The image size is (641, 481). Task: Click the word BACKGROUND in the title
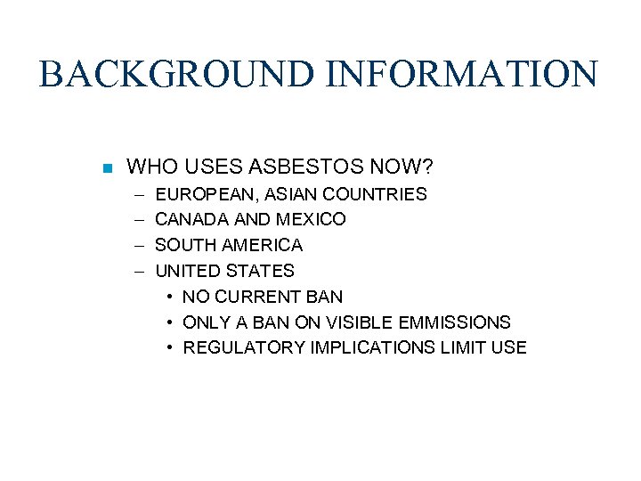(177, 74)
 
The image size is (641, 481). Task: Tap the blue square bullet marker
(105, 168)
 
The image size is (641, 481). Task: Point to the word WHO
(147, 167)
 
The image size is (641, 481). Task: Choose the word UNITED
(186, 271)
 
